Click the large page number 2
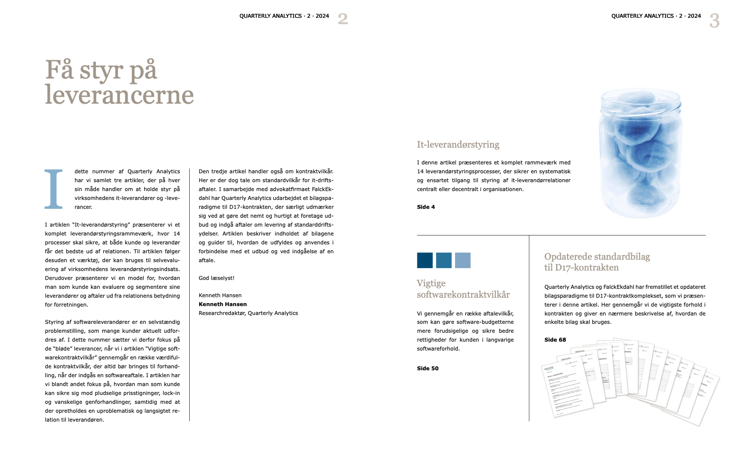pyautogui.click(x=343, y=19)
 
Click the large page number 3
pyautogui.click(x=714, y=21)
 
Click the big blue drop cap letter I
pyautogui.click(x=54, y=189)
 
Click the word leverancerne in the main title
pyautogui.click(x=119, y=95)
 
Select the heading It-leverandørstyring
pyautogui.click(x=458, y=145)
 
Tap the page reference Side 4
pyautogui.click(x=426, y=207)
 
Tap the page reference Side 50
pyautogui.click(x=428, y=368)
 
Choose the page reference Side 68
pyautogui.click(x=555, y=340)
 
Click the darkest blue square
pyautogui.click(x=425, y=260)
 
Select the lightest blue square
pyautogui.click(x=463, y=260)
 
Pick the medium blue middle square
pyautogui.click(x=444, y=260)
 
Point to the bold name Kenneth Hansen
pyautogui.click(x=223, y=304)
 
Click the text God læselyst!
pyautogui.click(x=216, y=278)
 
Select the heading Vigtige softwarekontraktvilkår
pyautogui.click(x=463, y=289)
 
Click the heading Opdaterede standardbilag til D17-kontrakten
pyautogui.click(x=597, y=262)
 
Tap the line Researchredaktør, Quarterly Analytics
pyautogui.click(x=248, y=313)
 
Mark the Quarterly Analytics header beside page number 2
pyautogui.click(x=284, y=16)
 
